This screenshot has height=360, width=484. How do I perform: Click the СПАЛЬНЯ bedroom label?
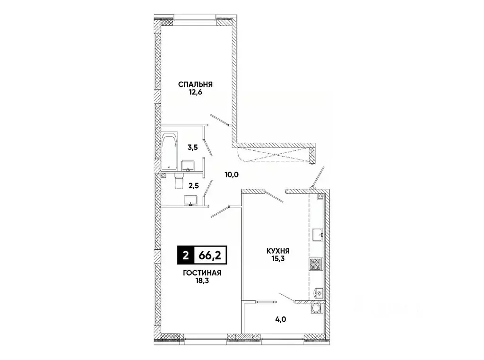click(x=195, y=84)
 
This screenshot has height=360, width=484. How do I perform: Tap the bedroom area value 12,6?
click(x=195, y=93)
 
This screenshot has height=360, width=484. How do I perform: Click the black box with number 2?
click(x=185, y=256)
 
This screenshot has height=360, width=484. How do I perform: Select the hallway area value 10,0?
click(x=232, y=174)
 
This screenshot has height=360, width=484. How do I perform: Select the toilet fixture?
click(x=179, y=180)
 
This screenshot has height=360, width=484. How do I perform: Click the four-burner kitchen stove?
click(x=315, y=264)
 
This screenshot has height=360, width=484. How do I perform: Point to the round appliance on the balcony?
click(x=315, y=309)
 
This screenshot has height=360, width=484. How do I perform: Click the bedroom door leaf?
click(x=220, y=120)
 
